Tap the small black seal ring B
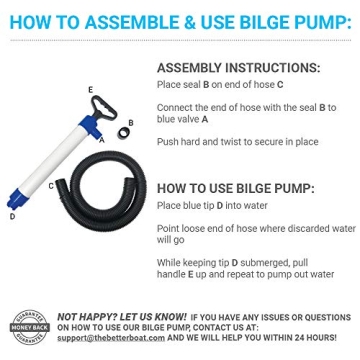point(123,131)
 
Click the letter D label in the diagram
point(11,215)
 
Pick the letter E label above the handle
point(90,88)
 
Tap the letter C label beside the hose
point(51,185)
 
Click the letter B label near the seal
point(131,121)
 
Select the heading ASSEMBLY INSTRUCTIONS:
point(238,68)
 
